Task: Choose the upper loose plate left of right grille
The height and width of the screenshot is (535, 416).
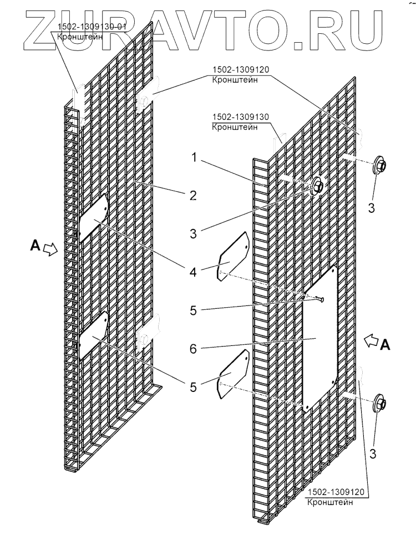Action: pyautogui.click(x=234, y=258)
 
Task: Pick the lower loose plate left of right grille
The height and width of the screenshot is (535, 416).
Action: pyautogui.click(x=234, y=373)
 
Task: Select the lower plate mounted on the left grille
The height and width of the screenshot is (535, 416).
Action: pyautogui.click(x=94, y=335)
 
